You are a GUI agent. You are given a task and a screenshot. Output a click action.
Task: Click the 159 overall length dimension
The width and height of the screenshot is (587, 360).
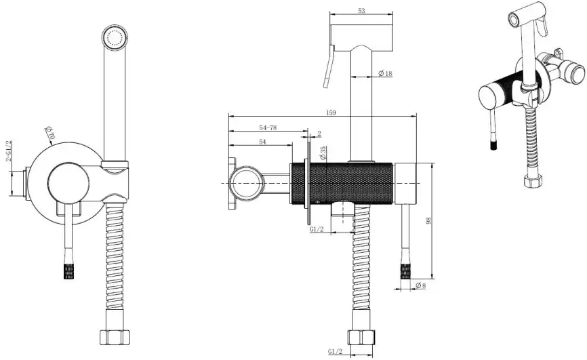[331, 113]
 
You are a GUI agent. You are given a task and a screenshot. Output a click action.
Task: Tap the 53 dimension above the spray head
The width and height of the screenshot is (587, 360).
[361, 10]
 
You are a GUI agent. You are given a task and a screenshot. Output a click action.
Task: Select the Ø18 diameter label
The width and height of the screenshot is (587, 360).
[385, 73]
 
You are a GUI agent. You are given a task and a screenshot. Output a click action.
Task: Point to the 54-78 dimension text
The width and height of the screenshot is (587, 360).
[268, 127]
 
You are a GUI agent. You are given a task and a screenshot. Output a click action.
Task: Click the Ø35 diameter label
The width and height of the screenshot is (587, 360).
[323, 153]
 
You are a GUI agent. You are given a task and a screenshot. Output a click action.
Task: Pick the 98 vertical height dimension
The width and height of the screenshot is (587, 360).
[428, 220]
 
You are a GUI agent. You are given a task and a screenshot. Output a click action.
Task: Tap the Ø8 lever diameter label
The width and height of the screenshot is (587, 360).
[420, 286]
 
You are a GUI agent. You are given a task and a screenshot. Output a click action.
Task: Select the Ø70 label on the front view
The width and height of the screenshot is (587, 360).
[49, 133]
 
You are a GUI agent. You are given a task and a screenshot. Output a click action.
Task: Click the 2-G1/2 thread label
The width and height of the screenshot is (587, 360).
[9, 151]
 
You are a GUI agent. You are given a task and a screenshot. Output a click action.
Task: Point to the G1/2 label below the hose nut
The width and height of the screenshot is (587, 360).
[335, 351]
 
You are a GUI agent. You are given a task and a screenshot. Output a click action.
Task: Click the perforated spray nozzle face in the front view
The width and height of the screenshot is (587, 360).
[115, 38]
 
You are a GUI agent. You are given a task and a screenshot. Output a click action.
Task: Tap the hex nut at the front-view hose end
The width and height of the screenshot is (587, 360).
[115, 337]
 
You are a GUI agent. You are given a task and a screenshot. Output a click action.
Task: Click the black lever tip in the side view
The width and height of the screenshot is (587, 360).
[406, 272]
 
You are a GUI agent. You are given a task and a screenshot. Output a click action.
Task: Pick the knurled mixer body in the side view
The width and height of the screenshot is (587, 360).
[342, 184]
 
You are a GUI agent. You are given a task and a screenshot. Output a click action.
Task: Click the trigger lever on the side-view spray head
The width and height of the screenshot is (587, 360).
[328, 66]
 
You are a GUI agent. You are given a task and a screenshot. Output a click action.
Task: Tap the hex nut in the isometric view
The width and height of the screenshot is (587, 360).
[533, 181]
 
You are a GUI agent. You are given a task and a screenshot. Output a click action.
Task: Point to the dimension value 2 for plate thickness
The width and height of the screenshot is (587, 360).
[319, 134]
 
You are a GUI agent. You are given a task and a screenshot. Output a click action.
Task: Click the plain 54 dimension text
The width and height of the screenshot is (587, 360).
[262, 142]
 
